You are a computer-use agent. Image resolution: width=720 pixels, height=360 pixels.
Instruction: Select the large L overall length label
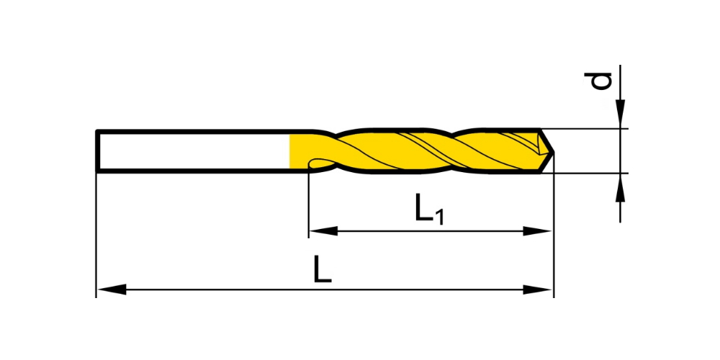(323, 269)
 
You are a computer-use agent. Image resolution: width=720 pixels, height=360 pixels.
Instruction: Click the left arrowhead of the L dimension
(112, 289)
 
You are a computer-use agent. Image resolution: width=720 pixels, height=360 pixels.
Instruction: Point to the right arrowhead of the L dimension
(537, 289)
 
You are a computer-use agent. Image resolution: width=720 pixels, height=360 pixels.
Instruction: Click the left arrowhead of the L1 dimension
(324, 231)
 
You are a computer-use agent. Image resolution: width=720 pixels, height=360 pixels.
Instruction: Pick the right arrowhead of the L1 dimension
(537, 231)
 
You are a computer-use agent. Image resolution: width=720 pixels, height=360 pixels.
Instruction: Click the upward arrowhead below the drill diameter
(621, 188)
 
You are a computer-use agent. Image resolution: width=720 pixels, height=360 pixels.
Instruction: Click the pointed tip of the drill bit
(553, 151)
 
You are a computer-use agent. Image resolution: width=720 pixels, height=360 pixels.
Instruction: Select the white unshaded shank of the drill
(193, 151)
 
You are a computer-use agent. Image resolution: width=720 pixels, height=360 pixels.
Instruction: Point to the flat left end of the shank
(97, 151)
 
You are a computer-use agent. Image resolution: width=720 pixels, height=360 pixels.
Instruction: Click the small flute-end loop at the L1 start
(318, 162)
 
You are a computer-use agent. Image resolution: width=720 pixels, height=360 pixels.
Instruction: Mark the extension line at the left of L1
(309, 202)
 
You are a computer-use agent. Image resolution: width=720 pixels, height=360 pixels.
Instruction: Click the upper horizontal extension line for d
(583, 129)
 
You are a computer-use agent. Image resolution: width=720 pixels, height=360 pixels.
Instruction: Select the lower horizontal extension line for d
(583, 173)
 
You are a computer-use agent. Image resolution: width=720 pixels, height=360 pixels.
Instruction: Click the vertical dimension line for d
(621, 143)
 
